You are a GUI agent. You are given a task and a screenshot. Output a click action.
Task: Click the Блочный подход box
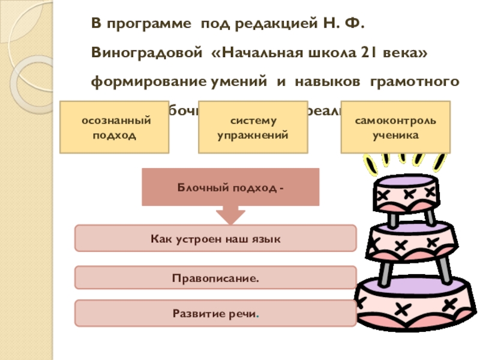click(x=230, y=187)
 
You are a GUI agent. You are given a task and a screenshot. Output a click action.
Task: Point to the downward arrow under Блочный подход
click(x=230, y=215)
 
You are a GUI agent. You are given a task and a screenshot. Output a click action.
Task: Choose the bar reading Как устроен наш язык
click(x=215, y=239)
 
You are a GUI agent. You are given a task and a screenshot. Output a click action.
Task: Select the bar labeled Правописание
click(x=215, y=278)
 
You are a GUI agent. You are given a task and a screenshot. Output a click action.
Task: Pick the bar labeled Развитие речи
click(x=215, y=313)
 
